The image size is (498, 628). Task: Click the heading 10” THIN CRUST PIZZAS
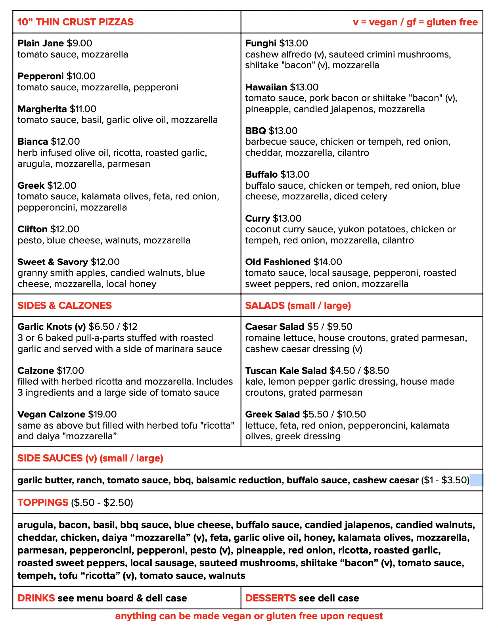[75, 22]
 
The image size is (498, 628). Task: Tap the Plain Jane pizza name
[40, 43]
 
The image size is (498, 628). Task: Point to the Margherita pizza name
[42, 109]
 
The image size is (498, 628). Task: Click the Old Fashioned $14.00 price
[328, 262]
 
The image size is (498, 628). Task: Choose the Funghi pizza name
[260, 43]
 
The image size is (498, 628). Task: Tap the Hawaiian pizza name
[266, 87]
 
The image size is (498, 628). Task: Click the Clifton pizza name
[32, 229]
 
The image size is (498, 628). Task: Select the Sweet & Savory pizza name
[52, 262]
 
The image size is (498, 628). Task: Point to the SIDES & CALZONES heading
[65, 306]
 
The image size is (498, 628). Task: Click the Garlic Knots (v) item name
[52, 327]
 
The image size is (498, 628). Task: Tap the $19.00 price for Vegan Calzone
[102, 414]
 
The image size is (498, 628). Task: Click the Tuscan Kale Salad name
[286, 371]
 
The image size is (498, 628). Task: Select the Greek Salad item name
[272, 414]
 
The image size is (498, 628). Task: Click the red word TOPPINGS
[43, 503]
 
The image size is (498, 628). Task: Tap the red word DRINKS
[36, 598]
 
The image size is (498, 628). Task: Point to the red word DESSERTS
[270, 598]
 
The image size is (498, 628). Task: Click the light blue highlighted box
[476, 481]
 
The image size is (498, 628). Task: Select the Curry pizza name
[257, 218]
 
